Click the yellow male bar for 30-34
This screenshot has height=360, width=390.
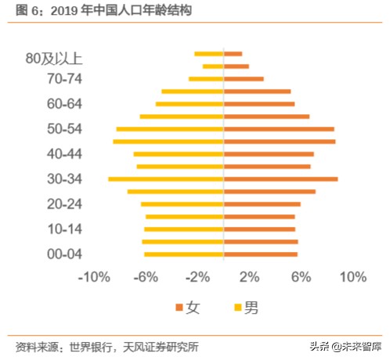[x=166, y=179]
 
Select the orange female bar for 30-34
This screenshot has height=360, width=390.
[x=280, y=179]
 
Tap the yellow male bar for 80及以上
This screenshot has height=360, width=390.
[x=209, y=53]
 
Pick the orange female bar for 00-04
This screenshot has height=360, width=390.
[x=261, y=254]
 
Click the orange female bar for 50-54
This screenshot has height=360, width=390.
[x=279, y=129]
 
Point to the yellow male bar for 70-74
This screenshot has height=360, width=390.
[x=206, y=79]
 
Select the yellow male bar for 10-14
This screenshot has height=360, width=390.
[x=184, y=229]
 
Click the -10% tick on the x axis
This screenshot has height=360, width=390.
[x=94, y=277]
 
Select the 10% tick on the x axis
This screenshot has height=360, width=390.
[x=353, y=277]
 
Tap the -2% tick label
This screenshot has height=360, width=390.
[x=198, y=277]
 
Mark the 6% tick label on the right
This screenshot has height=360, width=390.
[x=302, y=277]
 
